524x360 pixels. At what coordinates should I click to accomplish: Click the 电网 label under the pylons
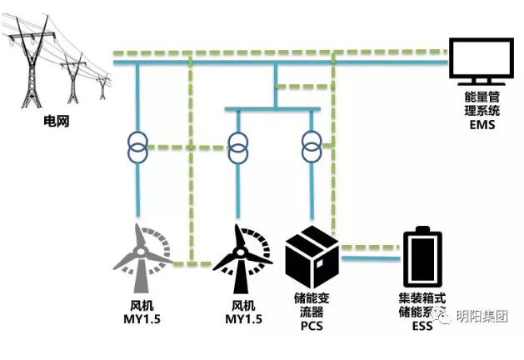55,122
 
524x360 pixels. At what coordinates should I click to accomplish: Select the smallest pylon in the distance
102,85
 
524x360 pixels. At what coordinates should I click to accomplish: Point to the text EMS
482,126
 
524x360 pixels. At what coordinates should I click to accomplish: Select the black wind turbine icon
241,251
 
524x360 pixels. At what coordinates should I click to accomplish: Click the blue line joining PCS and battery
371,257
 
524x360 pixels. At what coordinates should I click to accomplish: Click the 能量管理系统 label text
482,102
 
